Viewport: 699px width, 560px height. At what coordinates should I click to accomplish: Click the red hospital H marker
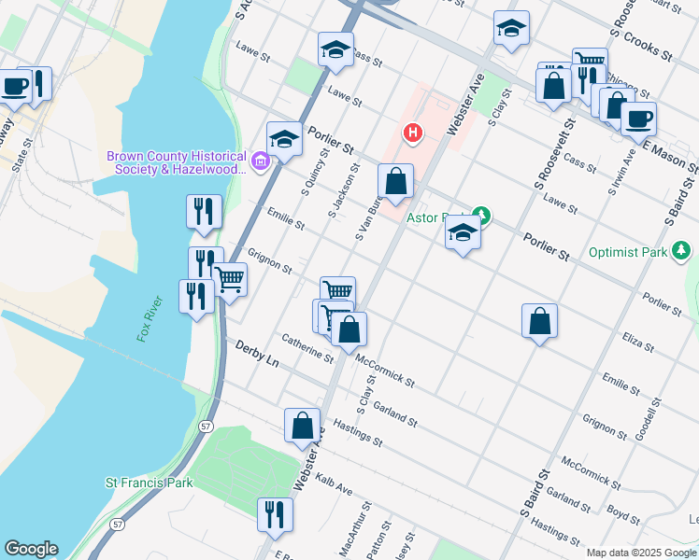[x=411, y=133]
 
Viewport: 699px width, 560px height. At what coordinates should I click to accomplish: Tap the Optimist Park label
[x=628, y=252]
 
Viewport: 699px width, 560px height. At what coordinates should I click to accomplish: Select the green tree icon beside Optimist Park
[x=682, y=251]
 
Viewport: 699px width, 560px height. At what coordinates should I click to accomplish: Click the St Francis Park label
[x=149, y=483]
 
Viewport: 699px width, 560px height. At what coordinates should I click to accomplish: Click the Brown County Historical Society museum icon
[x=261, y=164]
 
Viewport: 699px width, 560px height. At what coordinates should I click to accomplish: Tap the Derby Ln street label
[x=257, y=354]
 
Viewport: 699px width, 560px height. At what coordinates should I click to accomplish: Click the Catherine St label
[x=307, y=349]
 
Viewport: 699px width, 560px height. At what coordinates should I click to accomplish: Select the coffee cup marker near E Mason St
[x=638, y=119]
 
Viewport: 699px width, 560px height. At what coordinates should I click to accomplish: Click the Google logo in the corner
[x=31, y=549]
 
